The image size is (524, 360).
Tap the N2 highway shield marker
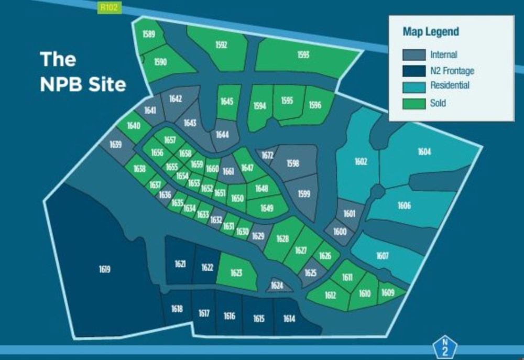tap(445, 347)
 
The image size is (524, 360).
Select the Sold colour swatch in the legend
tap(413, 103)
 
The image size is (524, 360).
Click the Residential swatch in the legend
tap(413, 85)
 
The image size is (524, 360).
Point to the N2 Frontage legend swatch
tap(413, 70)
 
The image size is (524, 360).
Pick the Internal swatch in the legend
tap(413, 54)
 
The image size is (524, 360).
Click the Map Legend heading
tap(431, 31)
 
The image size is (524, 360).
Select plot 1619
tap(104, 269)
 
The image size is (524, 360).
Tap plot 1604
tap(424, 152)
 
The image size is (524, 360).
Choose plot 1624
tap(277, 286)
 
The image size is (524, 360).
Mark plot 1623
tap(236, 273)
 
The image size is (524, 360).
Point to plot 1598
tap(293, 163)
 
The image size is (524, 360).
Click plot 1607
tap(383, 256)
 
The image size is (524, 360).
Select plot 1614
tap(289, 319)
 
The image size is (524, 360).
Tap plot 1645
tap(227, 101)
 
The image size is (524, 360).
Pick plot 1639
tap(116, 145)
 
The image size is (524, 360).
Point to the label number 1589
tap(149, 35)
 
